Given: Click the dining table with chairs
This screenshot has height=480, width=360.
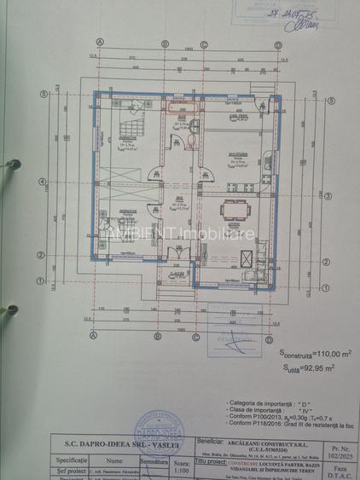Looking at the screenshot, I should click(231, 210).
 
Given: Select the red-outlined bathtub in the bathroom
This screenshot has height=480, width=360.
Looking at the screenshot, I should click(181, 108).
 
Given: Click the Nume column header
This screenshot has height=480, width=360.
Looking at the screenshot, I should click(115, 456).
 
